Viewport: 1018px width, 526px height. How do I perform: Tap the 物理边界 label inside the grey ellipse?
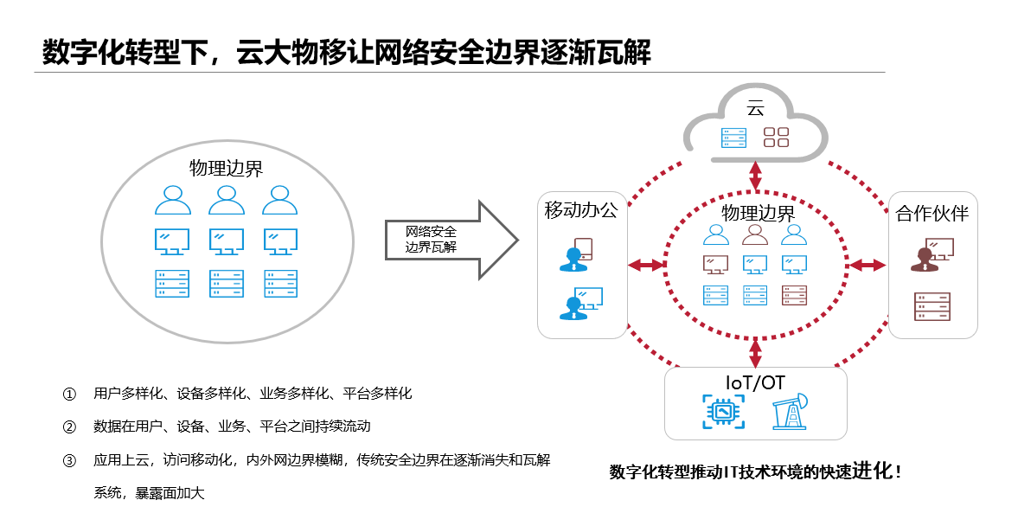(227, 168)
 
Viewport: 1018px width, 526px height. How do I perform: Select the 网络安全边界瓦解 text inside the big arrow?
(432, 240)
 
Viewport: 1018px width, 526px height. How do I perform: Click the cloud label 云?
(755, 108)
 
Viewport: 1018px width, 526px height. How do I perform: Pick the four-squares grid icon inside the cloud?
(777, 138)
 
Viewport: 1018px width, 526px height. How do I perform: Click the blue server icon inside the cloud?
(733, 138)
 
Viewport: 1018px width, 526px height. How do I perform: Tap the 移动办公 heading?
(581, 210)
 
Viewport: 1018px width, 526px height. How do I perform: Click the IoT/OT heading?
(755, 382)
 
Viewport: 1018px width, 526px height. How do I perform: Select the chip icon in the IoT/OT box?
(721, 413)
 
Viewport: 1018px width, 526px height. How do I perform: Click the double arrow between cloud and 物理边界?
(756, 176)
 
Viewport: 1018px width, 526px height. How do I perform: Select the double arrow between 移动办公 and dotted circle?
(645, 265)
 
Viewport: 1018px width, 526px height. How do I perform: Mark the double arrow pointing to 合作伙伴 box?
(868, 265)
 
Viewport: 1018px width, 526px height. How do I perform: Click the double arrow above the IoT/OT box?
(756, 352)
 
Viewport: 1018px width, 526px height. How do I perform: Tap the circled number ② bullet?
(70, 427)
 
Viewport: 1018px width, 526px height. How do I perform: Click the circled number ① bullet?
(70, 394)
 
